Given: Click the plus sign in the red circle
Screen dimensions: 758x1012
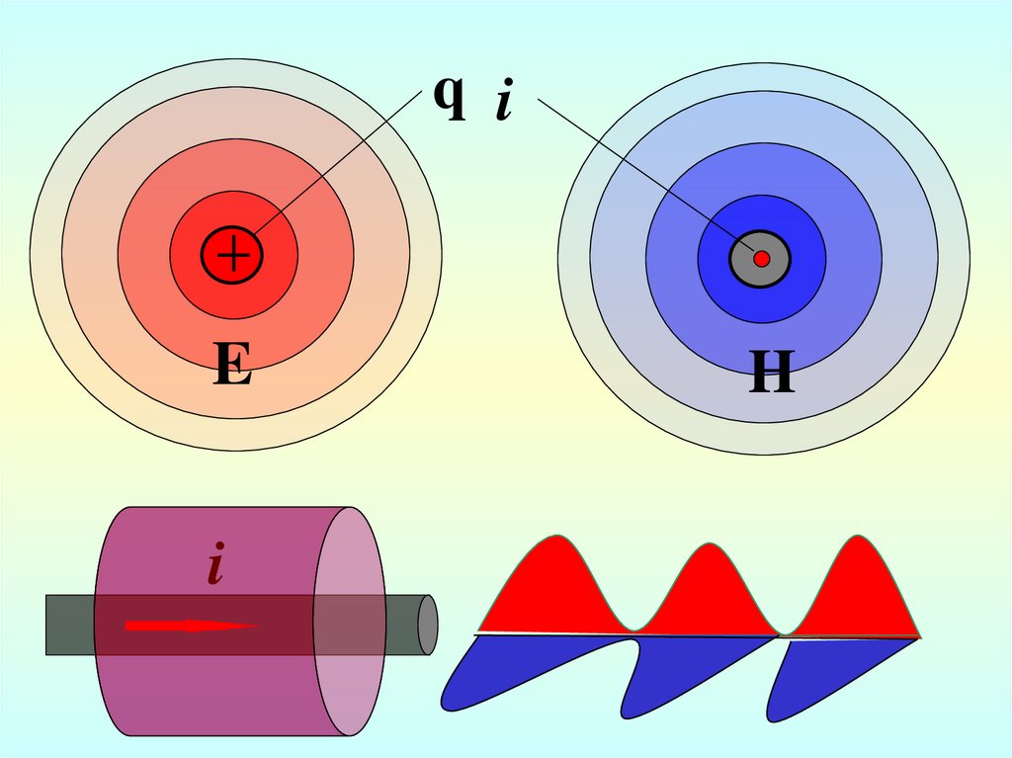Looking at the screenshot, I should click(x=233, y=256).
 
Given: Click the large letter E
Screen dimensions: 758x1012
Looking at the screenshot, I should click(x=232, y=369).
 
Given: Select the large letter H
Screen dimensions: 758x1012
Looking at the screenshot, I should click(x=772, y=375).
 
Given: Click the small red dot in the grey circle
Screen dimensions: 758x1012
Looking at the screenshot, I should click(x=761, y=259).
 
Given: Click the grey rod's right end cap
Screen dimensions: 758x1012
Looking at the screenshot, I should click(x=428, y=625).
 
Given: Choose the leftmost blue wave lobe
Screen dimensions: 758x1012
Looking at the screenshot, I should click(x=524, y=672).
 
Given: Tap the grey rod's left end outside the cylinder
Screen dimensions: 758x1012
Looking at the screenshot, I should click(x=69, y=625).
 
